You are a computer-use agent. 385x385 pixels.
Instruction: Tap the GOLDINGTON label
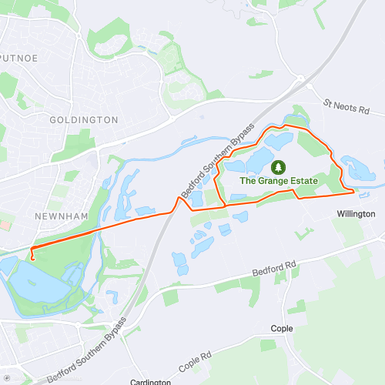(x=83, y=120)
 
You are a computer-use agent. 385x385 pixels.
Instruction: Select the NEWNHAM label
(x=57, y=216)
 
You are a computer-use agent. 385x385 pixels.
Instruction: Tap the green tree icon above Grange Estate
(x=277, y=166)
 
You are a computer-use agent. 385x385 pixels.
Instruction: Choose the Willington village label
(x=356, y=213)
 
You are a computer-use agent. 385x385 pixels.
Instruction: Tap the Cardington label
(x=150, y=382)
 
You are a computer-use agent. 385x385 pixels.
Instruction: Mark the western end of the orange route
(x=33, y=257)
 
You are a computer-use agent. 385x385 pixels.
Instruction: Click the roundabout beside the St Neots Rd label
(x=300, y=76)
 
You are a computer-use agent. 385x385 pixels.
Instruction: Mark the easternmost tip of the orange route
(x=354, y=189)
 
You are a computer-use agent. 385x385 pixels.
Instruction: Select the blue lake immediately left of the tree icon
(x=256, y=163)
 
